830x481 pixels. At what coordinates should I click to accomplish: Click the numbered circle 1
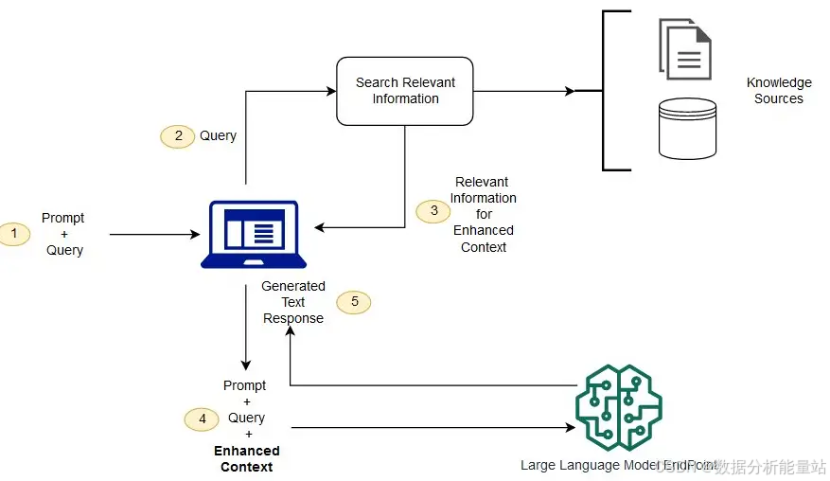(13, 233)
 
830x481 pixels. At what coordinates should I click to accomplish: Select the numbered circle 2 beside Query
(178, 135)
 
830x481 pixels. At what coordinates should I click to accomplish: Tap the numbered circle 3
(433, 210)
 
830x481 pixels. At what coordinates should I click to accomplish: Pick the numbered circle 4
(202, 418)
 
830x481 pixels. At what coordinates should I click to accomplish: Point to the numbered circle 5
(354, 302)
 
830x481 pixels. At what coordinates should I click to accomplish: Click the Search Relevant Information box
(405, 91)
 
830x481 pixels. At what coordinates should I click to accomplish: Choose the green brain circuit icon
(619, 407)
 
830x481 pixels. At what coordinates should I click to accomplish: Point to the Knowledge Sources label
(779, 91)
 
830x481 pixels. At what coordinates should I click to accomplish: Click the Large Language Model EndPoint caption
(606, 465)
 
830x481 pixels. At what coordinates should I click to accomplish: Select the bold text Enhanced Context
(247, 458)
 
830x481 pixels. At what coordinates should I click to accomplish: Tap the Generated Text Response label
(293, 302)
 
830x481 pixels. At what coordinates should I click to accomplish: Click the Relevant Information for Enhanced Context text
(483, 214)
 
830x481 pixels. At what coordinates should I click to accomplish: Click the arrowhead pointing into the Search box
(331, 91)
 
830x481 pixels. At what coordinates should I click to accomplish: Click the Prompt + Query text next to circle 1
(64, 234)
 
